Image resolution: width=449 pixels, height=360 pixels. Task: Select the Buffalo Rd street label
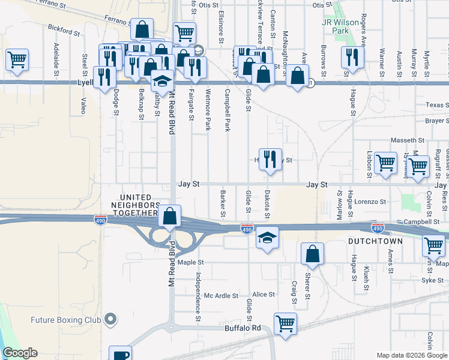tap(243, 328)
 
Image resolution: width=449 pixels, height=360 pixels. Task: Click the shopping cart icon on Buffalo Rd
tap(285, 323)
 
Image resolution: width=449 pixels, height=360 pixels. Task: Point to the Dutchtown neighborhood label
tap(371, 240)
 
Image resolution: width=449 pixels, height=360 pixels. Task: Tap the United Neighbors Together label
tap(138, 205)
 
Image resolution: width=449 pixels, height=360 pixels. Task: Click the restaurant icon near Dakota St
tap(270, 159)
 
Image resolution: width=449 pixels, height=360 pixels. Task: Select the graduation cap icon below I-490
tap(267, 238)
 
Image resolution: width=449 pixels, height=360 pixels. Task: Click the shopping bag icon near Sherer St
tap(312, 253)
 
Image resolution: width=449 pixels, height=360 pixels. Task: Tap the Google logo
tap(19, 353)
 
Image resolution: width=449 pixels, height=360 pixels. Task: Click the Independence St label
tap(197, 297)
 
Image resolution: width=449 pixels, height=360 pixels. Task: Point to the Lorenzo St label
tap(368, 202)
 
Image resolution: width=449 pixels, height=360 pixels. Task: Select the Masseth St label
tap(408, 140)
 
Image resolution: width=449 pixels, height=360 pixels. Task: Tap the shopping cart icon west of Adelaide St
tap(17, 59)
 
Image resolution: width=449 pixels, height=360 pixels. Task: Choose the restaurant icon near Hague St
tap(351, 57)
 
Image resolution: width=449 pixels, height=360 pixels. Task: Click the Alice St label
tap(263, 295)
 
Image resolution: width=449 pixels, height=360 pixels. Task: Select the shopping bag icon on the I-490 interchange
tap(170, 216)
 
